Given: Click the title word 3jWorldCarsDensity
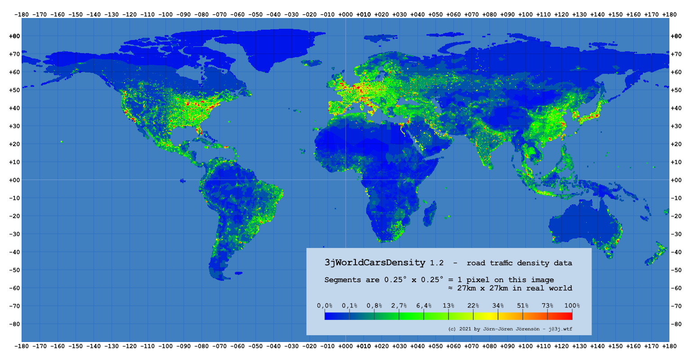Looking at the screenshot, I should (x=375, y=262).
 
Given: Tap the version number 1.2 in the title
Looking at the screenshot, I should (x=437, y=263).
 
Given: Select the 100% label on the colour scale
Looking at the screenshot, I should (x=572, y=306).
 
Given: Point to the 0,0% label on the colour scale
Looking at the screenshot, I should (x=325, y=306).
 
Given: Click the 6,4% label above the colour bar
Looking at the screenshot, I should (x=424, y=306).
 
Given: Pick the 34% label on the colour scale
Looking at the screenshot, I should (x=498, y=306).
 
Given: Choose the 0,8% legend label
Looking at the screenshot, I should (x=374, y=306).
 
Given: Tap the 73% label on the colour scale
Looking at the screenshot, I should (x=547, y=306).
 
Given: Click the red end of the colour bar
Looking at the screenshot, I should (x=569, y=316).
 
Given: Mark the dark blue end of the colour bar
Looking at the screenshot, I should (x=328, y=316).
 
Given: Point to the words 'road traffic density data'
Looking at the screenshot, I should (x=519, y=263).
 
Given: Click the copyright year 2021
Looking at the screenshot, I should (x=466, y=329).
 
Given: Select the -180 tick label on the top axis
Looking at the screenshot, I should (x=22, y=14).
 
